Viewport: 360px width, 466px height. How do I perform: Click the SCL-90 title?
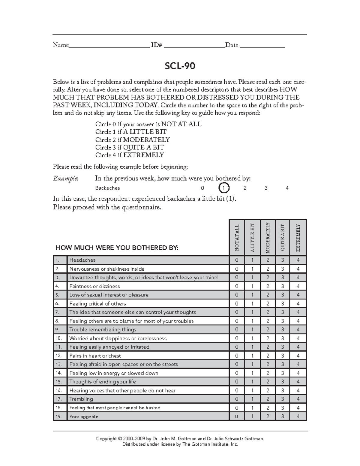coord(180,66)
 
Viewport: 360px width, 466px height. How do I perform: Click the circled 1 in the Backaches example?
coord(224,188)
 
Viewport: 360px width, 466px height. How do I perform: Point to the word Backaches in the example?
coord(107,188)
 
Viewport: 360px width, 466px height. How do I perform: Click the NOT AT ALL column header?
coord(237,237)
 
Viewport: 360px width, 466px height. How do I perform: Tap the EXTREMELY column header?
coord(298,237)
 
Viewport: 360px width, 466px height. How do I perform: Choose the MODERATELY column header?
coord(268,237)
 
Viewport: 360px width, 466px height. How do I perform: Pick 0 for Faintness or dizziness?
coord(237,286)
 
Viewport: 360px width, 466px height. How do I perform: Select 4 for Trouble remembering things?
coord(298,329)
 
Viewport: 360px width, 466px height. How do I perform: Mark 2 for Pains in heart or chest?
coord(268,356)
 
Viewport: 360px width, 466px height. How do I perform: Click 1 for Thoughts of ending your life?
coord(252,382)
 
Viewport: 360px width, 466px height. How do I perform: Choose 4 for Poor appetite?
coord(298,416)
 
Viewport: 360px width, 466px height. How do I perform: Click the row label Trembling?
coord(81,399)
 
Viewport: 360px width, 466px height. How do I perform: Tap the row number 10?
coord(58,338)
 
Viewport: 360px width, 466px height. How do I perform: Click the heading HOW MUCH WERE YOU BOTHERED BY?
coord(117,248)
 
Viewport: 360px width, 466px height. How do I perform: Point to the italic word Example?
coord(65,179)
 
